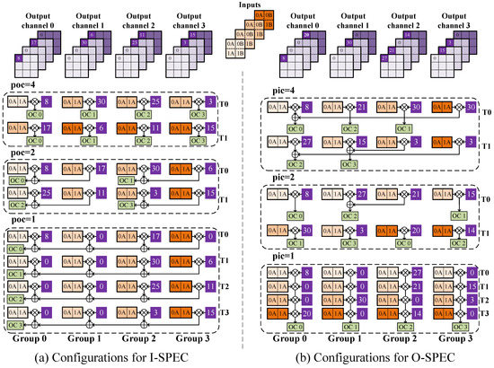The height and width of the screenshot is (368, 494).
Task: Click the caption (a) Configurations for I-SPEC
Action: pyautogui.click(x=120, y=356)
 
